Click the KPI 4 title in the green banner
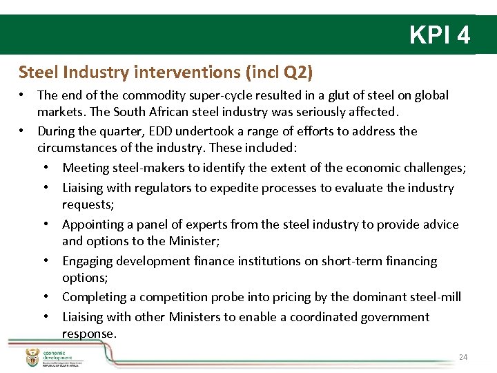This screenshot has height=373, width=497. tap(440, 35)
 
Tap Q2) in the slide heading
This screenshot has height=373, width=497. tap(298, 72)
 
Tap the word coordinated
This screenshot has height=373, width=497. tap(327, 317)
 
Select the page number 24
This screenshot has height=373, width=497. tap(462, 357)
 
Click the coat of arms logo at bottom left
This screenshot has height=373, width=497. tap(32, 357)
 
